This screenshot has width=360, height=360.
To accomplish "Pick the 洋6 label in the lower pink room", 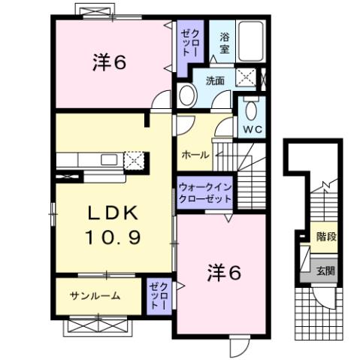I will pyautogui.click(x=224, y=274).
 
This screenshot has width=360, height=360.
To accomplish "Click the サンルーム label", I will pyautogui.click(x=95, y=296).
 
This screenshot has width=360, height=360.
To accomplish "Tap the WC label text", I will pyautogui.click(x=250, y=129).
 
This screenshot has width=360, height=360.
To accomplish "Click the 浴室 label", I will pyautogui.click(x=224, y=43).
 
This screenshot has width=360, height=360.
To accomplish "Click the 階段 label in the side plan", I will pyautogui.click(x=325, y=237).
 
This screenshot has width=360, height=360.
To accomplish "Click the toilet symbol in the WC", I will pyautogui.click(x=250, y=111).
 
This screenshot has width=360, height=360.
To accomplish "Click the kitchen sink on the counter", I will pyautogui.click(x=108, y=159).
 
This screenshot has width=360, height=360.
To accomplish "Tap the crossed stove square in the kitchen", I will pyautogui.click(x=134, y=159).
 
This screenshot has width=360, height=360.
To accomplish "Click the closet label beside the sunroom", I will pyautogui.click(x=157, y=295).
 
